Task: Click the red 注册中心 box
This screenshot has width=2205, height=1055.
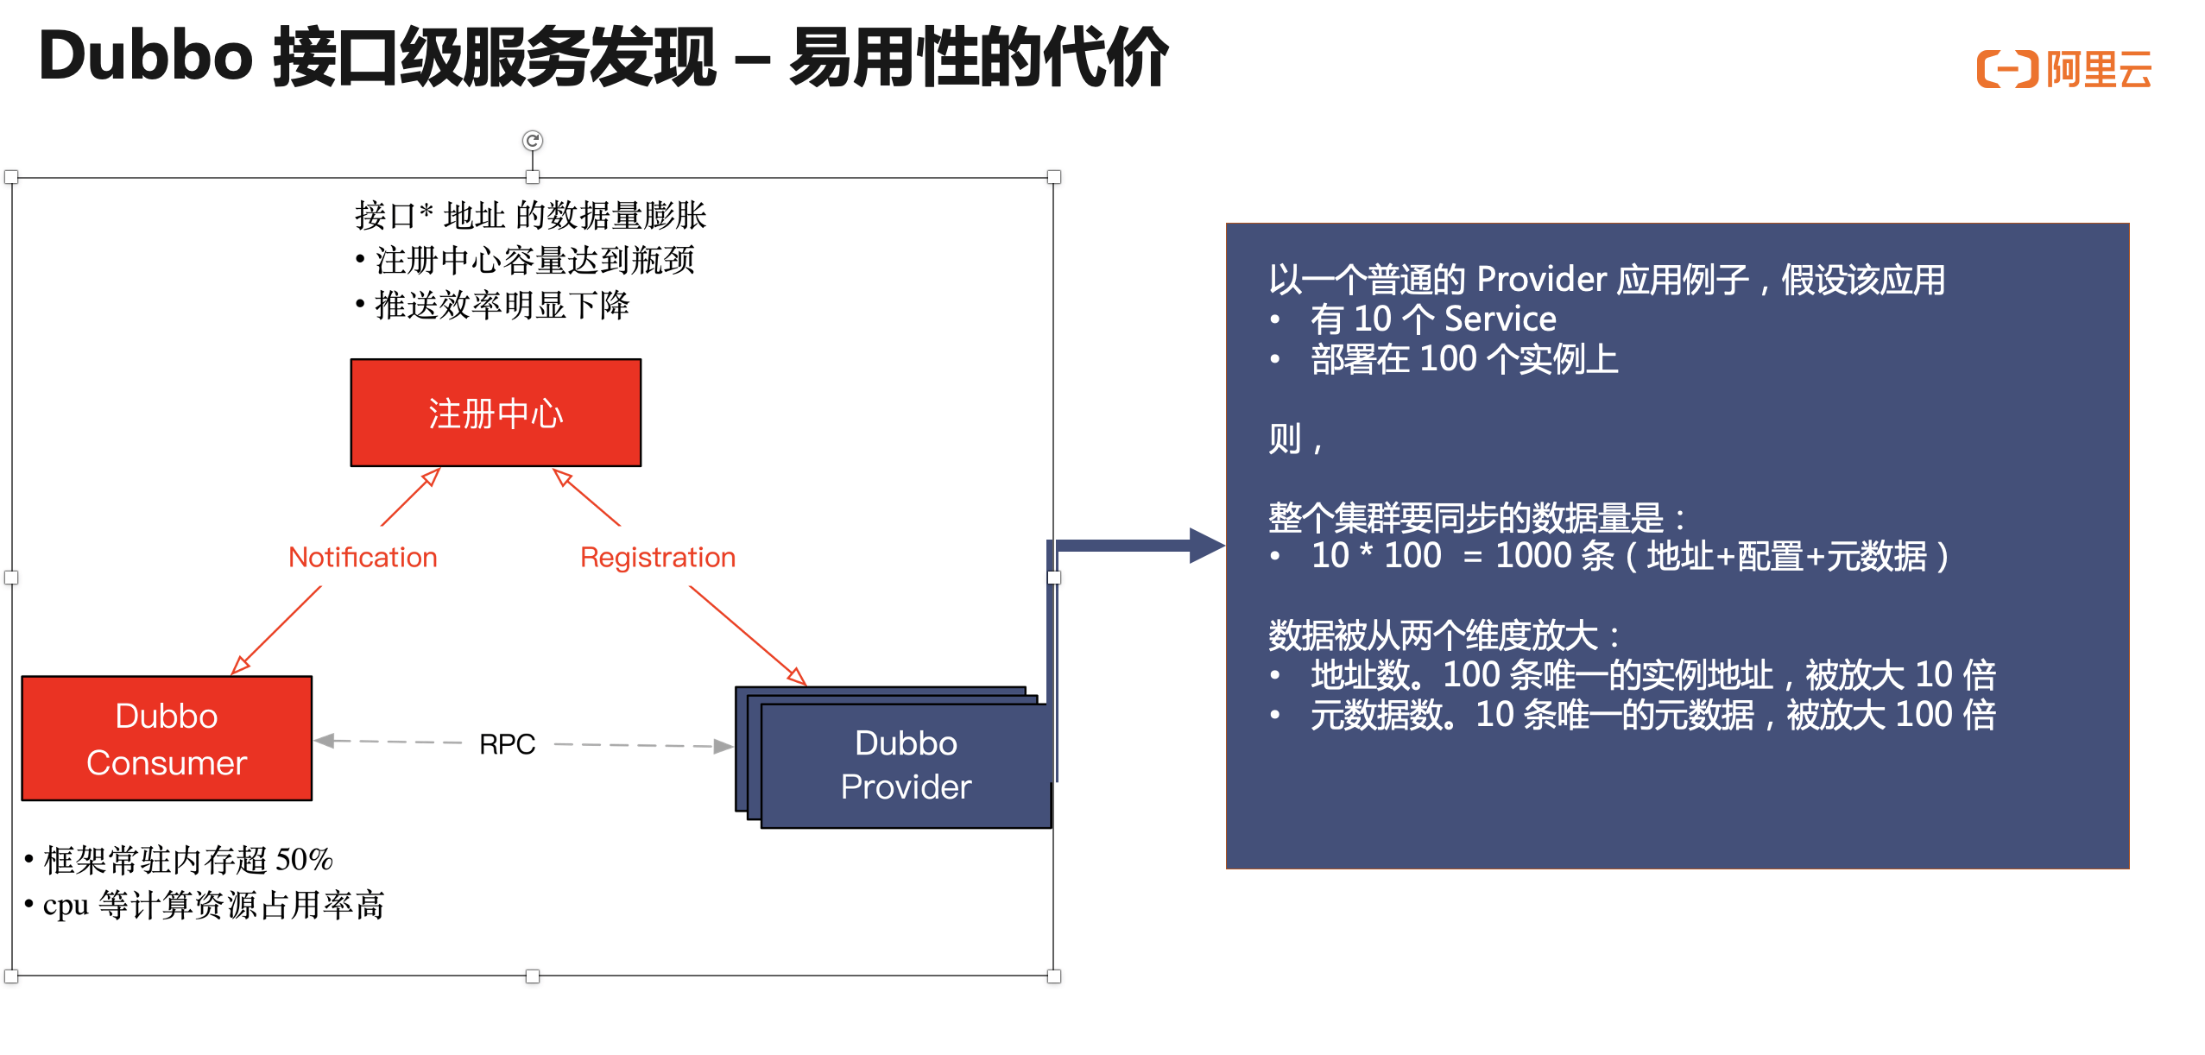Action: click(496, 413)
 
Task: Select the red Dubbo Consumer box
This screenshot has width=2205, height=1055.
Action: click(167, 738)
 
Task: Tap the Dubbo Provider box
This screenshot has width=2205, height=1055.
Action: click(906, 765)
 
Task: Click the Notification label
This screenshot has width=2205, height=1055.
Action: click(363, 557)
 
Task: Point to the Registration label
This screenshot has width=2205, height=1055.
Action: click(658, 557)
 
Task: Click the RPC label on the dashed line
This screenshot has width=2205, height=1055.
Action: click(507, 743)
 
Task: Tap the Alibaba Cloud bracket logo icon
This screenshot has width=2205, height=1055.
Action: click(2007, 69)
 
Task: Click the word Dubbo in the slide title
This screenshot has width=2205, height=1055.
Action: click(145, 57)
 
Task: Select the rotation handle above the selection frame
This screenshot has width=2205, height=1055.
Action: click(533, 140)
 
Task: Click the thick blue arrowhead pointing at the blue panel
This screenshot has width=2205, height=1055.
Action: click(1206, 546)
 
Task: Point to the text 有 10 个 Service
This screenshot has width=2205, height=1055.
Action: click(1433, 319)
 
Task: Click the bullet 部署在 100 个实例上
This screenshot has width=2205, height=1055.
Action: click(1464, 359)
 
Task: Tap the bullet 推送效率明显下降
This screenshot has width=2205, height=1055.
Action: click(502, 305)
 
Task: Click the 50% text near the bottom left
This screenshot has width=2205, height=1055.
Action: click(304, 859)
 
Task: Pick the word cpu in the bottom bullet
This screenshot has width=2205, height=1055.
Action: click(66, 905)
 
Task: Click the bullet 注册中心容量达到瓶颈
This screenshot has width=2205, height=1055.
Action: click(534, 260)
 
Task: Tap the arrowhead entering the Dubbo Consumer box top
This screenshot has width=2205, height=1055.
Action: click(240, 665)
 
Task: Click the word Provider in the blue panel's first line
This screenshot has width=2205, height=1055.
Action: click(1541, 280)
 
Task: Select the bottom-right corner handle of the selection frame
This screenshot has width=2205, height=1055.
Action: click(1054, 976)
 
